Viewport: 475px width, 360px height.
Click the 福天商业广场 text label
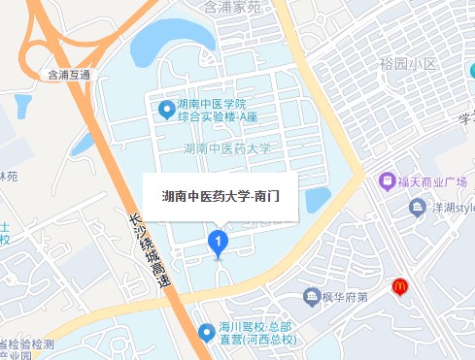click(x=431, y=182)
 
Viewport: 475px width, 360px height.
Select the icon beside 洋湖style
click(x=417, y=207)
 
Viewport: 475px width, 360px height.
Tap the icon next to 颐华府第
click(x=313, y=295)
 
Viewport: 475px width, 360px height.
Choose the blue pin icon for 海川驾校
click(x=206, y=333)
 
